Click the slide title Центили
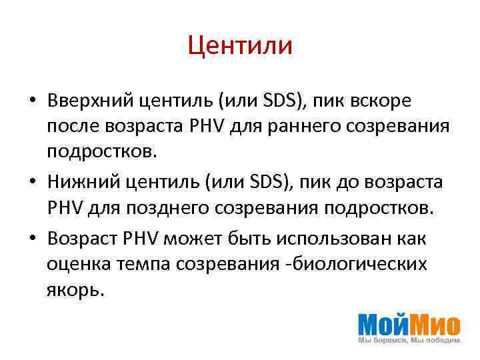tap(240, 46)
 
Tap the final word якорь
tap(75, 289)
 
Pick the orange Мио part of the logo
tap(434, 324)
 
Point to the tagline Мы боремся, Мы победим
tap(409, 341)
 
